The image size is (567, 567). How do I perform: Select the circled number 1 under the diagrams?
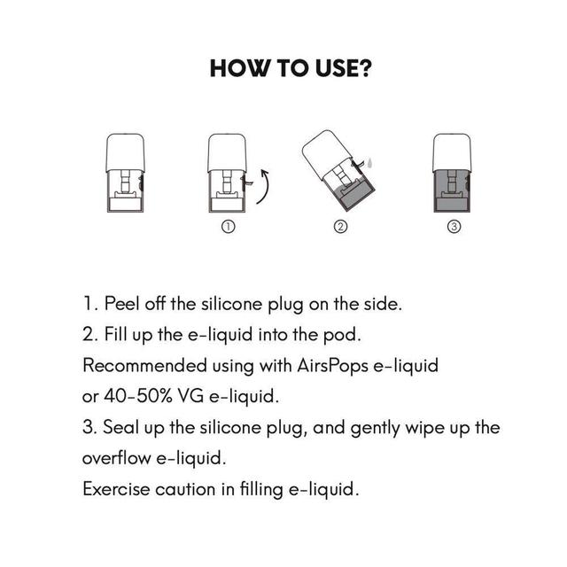[x=229, y=227]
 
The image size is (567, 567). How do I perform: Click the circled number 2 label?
[x=340, y=227]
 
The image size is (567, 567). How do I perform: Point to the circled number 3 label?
[x=454, y=227]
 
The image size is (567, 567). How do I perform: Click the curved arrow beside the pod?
[x=267, y=187]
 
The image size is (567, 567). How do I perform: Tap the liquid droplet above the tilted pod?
[x=369, y=162]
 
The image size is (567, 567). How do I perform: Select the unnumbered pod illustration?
[x=126, y=173]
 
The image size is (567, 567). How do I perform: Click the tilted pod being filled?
[x=338, y=171]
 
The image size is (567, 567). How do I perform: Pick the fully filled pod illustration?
[x=452, y=173]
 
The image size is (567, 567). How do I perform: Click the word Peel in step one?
[x=122, y=303]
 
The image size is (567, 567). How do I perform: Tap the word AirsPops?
[x=332, y=366]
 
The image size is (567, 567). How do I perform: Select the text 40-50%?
[x=138, y=396]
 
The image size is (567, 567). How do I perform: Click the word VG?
[x=190, y=396]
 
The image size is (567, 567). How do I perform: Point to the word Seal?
[x=121, y=427]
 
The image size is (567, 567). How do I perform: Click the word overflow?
[x=116, y=458]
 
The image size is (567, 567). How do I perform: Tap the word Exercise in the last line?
[x=116, y=489]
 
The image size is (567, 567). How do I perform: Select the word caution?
[x=185, y=490]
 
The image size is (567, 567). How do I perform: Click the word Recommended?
[x=144, y=365]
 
